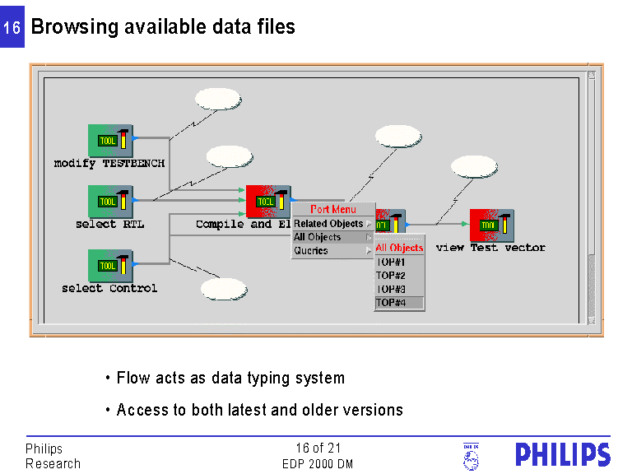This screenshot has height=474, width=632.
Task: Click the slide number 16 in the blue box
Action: click(x=12, y=28)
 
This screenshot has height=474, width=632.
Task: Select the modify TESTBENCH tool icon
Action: click(x=110, y=140)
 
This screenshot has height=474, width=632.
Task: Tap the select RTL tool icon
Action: click(x=110, y=202)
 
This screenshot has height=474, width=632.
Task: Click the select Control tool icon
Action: click(x=110, y=265)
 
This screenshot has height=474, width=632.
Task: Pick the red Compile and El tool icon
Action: click(x=267, y=202)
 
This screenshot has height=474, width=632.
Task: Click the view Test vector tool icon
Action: click(x=491, y=225)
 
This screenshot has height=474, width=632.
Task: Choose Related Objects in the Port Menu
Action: click(x=328, y=224)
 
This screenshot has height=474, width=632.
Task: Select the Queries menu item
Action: click(x=311, y=251)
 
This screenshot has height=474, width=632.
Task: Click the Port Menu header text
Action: click(x=333, y=210)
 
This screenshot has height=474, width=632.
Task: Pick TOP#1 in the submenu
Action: click(x=391, y=262)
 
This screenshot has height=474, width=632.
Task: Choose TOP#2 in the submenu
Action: click(x=391, y=276)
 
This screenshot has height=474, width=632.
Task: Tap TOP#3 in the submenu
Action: click(x=391, y=290)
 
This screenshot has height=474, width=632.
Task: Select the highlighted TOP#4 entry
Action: click(x=391, y=303)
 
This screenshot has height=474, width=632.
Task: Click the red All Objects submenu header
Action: click(x=399, y=248)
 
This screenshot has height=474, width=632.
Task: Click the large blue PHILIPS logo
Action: click(x=563, y=455)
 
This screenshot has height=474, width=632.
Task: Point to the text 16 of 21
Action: click(x=318, y=448)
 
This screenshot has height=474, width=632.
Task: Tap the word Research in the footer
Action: click(x=53, y=464)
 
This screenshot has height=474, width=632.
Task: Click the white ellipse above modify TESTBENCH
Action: click(x=218, y=99)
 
